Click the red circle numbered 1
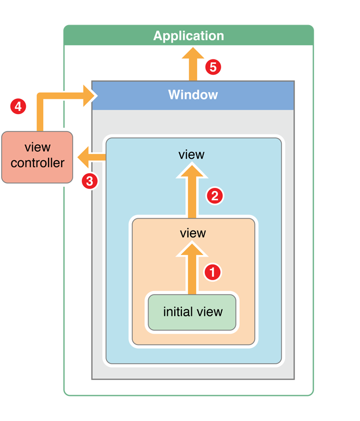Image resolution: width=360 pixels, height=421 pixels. (x=213, y=272)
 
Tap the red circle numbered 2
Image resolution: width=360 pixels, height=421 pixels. (x=215, y=195)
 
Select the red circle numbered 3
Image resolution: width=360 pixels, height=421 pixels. (x=90, y=181)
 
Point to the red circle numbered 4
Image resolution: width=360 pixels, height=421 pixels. (x=18, y=106)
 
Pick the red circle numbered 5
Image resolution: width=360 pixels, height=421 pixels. (x=213, y=67)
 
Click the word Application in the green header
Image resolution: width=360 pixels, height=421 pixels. (x=188, y=35)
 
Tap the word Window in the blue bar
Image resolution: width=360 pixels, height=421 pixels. (x=193, y=94)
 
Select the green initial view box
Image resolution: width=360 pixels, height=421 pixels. (x=192, y=312)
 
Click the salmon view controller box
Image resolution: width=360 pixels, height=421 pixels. (x=37, y=157)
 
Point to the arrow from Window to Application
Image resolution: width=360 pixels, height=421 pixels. (x=193, y=64)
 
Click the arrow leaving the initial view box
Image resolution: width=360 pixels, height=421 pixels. (x=192, y=268)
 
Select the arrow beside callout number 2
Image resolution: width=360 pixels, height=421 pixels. (x=192, y=192)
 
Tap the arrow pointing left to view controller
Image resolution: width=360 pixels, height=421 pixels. (x=92, y=157)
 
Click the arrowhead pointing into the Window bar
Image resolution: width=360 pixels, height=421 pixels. (x=89, y=96)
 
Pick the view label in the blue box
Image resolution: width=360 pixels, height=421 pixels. (x=192, y=155)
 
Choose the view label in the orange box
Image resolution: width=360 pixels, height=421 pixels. (x=193, y=233)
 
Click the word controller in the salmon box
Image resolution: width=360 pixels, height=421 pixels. (x=37, y=163)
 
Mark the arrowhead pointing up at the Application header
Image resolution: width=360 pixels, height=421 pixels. (x=193, y=53)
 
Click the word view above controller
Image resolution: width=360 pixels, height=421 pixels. (x=37, y=147)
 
